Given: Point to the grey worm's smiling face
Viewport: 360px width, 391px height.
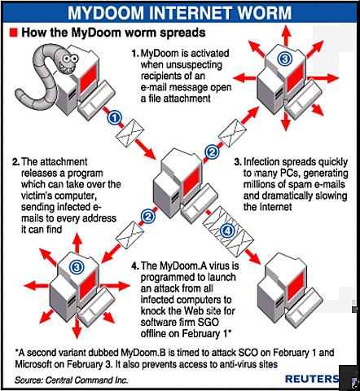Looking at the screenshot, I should click(x=64, y=63).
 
